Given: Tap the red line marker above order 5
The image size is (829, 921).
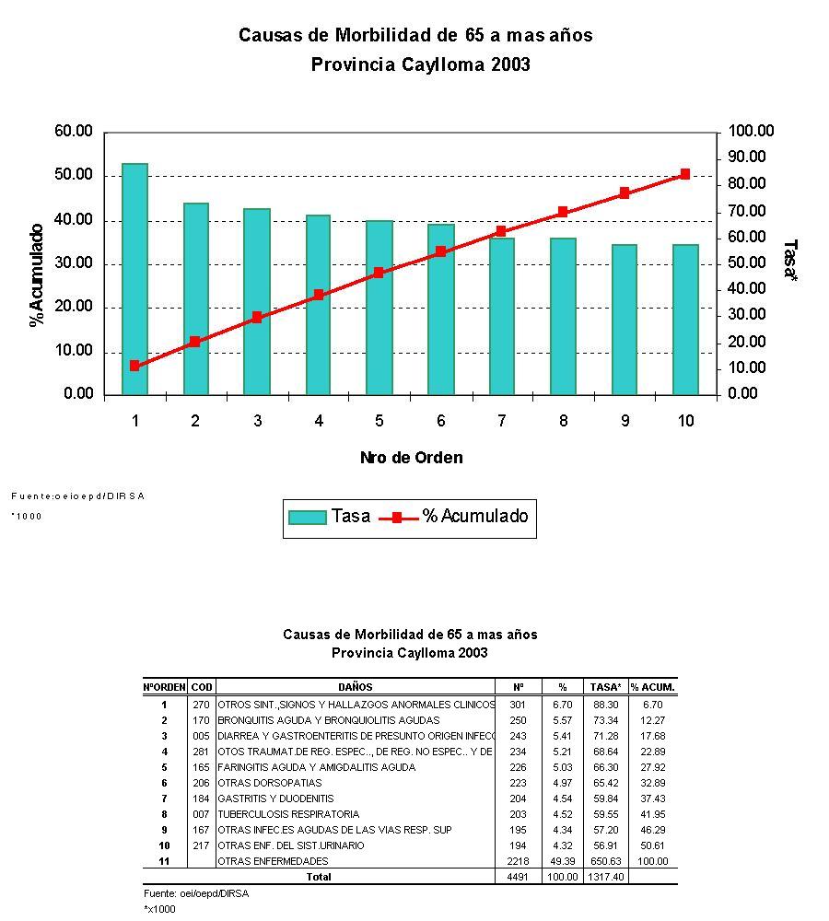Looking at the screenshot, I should (x=379, y=273).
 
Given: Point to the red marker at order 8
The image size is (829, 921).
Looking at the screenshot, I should (x=562, y=213).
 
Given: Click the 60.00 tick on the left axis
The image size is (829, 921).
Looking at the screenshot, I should (x=75, y=132).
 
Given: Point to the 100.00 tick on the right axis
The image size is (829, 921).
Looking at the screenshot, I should (x=751, y=132).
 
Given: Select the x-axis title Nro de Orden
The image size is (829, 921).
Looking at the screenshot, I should (x=411, y=458).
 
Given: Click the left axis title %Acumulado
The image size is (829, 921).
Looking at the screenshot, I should (x=37, y=274).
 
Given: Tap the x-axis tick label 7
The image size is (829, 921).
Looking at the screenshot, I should (x=501, y=421).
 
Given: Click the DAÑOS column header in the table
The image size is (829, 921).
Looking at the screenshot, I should (x=356, y=687).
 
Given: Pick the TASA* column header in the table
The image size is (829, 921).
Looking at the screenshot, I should (x=605, y=687).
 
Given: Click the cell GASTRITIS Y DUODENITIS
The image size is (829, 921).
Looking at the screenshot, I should (x=275, y=799).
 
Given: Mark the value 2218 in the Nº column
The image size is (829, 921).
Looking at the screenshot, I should (x=517, y=861).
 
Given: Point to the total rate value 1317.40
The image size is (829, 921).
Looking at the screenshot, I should (x=605, y=877).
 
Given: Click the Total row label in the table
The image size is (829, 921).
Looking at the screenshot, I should (x=318, y=877).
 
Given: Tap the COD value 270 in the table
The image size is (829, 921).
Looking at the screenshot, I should (x=202, y=705).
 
